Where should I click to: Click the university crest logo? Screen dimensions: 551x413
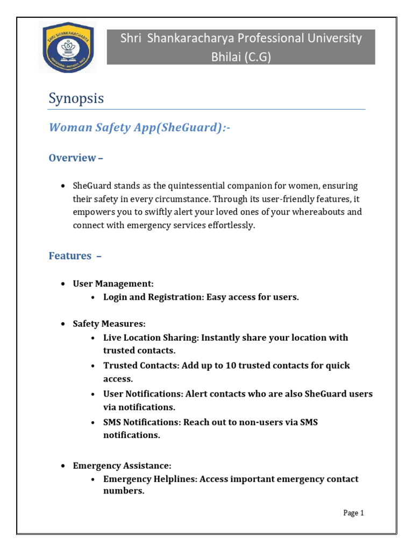point(67,47)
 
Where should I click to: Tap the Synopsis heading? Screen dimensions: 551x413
point(76,99)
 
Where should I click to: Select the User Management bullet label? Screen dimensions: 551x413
point(113,283)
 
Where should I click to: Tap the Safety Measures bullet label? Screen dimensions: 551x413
point(109,324)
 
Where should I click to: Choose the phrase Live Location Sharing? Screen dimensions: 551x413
point(149,338)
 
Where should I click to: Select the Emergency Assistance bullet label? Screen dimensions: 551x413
point(122,465)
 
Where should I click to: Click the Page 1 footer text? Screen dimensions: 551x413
point(354,513)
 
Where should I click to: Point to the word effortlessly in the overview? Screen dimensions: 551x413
point(226,225)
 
